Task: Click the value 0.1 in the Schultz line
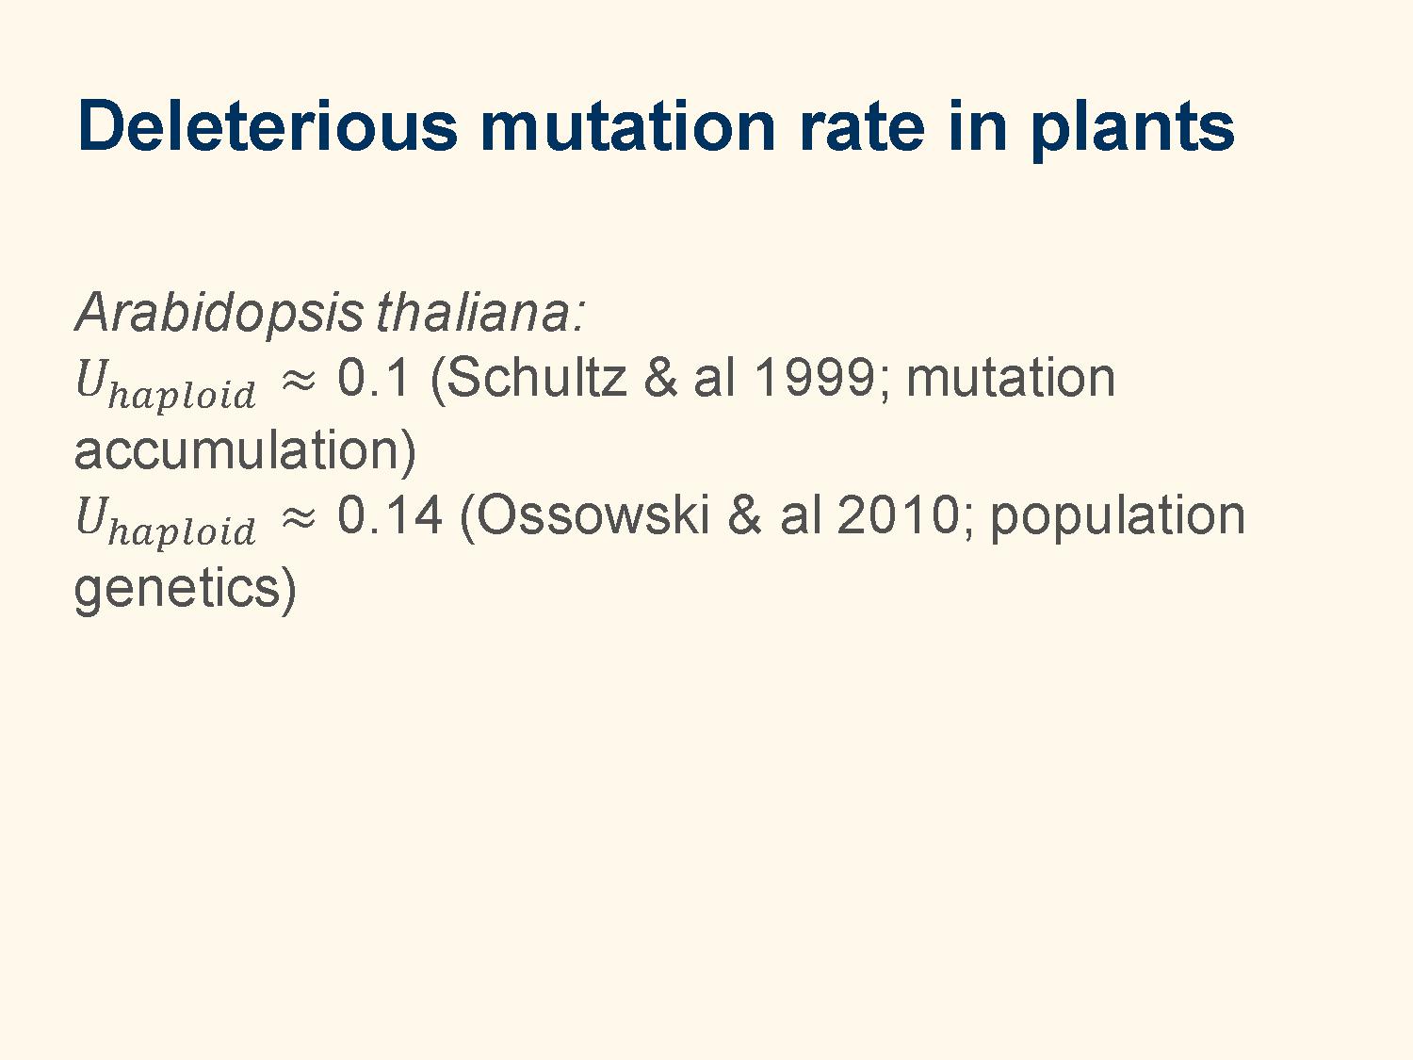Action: [373, 378]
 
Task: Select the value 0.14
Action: [389, 514]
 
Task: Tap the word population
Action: [1117, 518]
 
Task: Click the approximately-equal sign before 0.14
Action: [299, 516]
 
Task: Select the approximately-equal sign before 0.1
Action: [299, 380]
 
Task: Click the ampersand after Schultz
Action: [660, 378]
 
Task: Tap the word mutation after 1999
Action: [1011, 378]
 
